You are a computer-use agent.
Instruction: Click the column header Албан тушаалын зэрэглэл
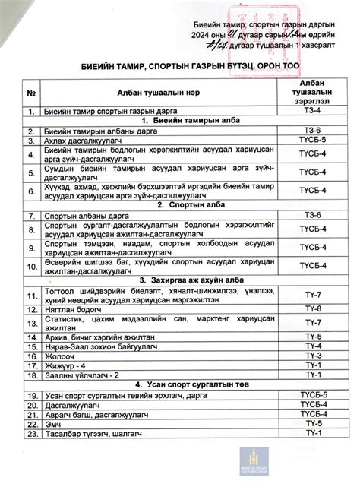point(313,93)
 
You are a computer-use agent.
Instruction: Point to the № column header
point(32,93)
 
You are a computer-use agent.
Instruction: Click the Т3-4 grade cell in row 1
point(313,111)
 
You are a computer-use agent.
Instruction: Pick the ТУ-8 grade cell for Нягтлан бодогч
point(313,309)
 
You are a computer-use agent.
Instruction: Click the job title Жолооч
point(62,355)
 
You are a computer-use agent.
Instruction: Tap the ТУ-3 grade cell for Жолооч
point(313,355)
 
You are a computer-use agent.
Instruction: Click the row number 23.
point(32,433)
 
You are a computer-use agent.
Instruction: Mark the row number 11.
point(32,296)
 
